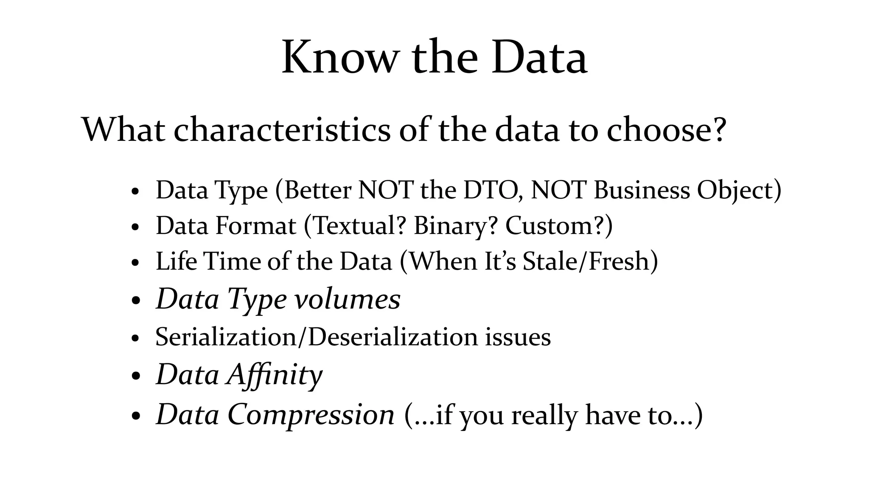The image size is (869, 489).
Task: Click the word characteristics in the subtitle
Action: coord(282,129)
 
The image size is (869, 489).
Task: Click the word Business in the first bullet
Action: coord(642,190)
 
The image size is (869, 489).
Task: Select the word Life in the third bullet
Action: coord(176,261)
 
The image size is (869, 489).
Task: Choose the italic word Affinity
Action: coord(275,375)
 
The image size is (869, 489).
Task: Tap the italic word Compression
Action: coord(311,414)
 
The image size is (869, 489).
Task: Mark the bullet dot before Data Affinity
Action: coord(135,376)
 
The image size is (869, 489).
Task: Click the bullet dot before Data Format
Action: coord(135,227)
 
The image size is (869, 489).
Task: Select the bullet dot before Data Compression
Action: coord(135,416)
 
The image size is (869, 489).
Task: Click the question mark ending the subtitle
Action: coord(718,129)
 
